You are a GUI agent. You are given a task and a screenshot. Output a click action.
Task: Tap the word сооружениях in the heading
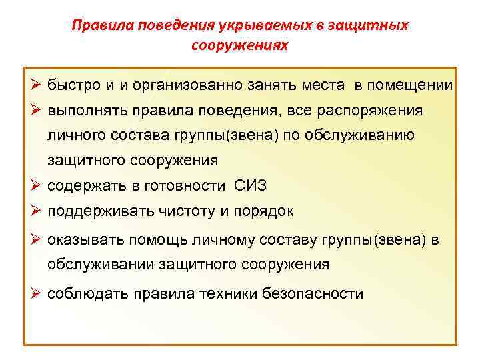tap(240, 45)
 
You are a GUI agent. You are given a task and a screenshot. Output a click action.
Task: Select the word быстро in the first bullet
tap(73, 85)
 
